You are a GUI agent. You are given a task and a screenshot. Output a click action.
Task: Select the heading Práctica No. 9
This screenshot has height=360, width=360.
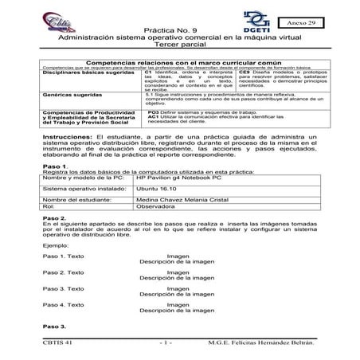(x=179, y=50)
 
